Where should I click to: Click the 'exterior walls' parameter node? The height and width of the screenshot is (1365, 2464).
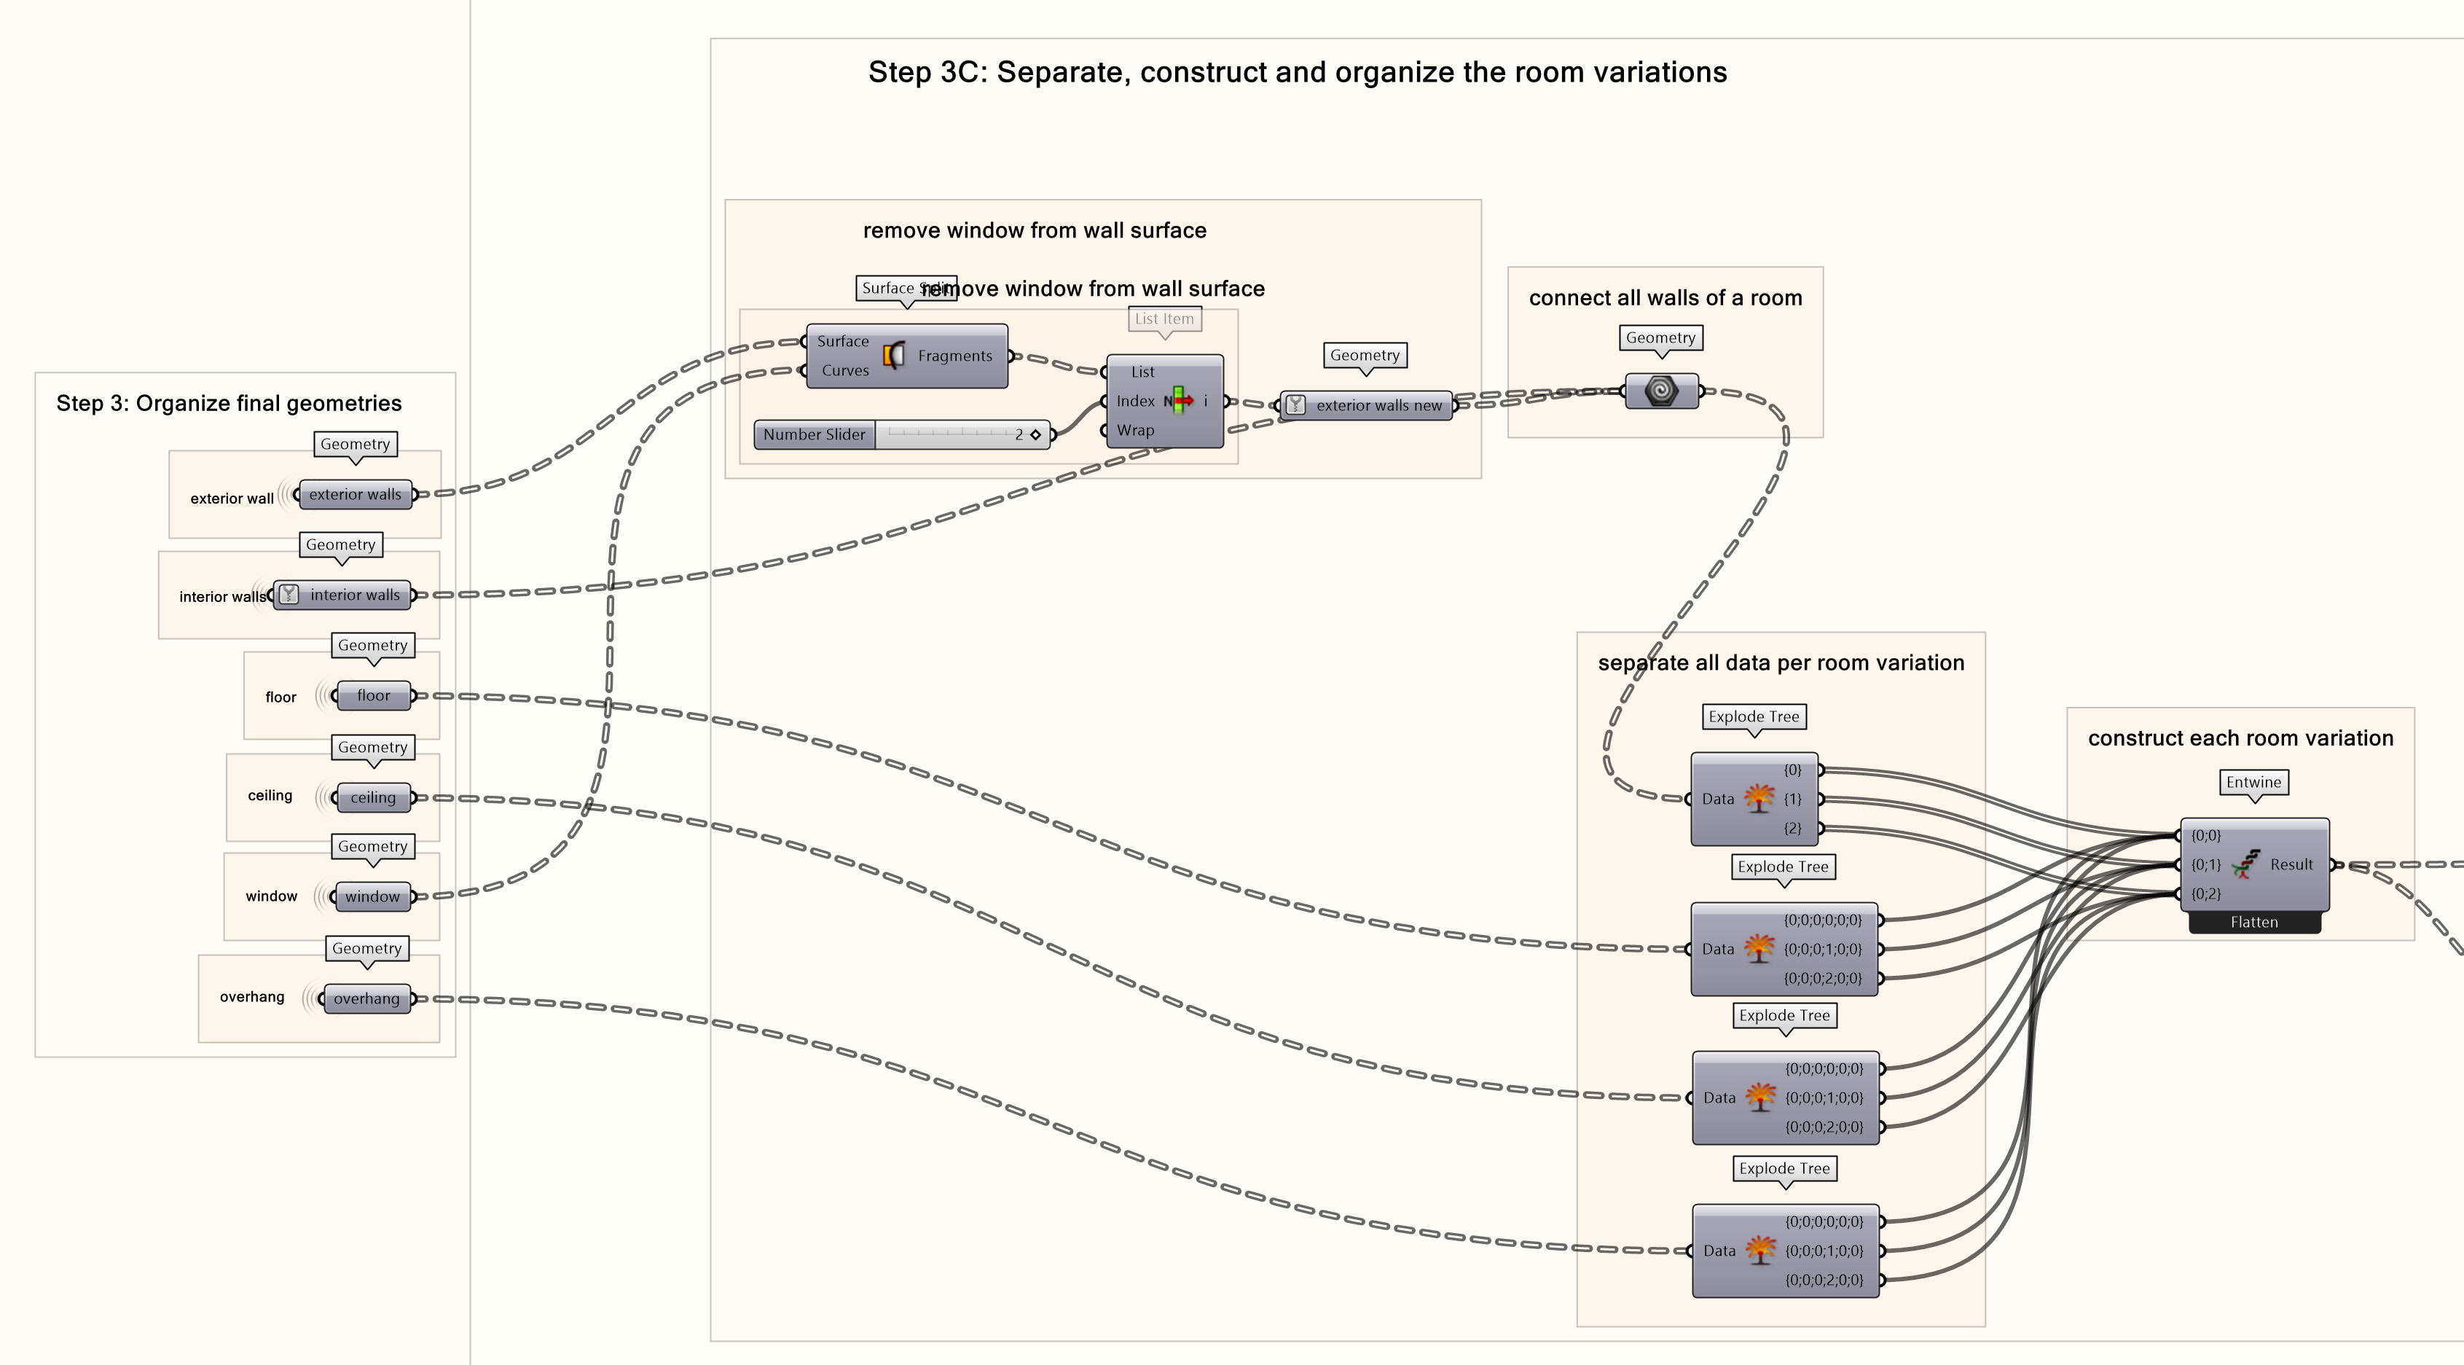[355, 495]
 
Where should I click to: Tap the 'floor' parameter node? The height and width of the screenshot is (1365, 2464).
[373, 695]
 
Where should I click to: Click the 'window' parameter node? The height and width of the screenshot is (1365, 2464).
[372, 896]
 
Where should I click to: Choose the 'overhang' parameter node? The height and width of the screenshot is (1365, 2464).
[366, 998]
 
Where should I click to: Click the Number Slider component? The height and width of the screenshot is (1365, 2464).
[814, 434]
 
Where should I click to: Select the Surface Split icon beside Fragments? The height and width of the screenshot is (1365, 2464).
[893, 356]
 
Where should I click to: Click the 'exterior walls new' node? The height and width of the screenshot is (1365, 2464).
[1378, 406]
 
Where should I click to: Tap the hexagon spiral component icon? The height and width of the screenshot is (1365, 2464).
[1661, 391]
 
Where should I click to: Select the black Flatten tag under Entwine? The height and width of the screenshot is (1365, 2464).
[2253, 922]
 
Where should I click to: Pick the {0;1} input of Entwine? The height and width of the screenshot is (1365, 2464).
[2206, 865]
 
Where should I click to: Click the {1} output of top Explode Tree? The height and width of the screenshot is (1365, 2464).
[1792, 799]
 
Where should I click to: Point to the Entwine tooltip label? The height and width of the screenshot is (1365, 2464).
[2253, 783]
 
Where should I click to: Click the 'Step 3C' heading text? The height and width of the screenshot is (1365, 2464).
[1297, 73]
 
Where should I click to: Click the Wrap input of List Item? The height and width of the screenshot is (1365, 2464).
[1135, 431]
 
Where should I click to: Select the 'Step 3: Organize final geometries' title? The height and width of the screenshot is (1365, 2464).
[229, 404]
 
